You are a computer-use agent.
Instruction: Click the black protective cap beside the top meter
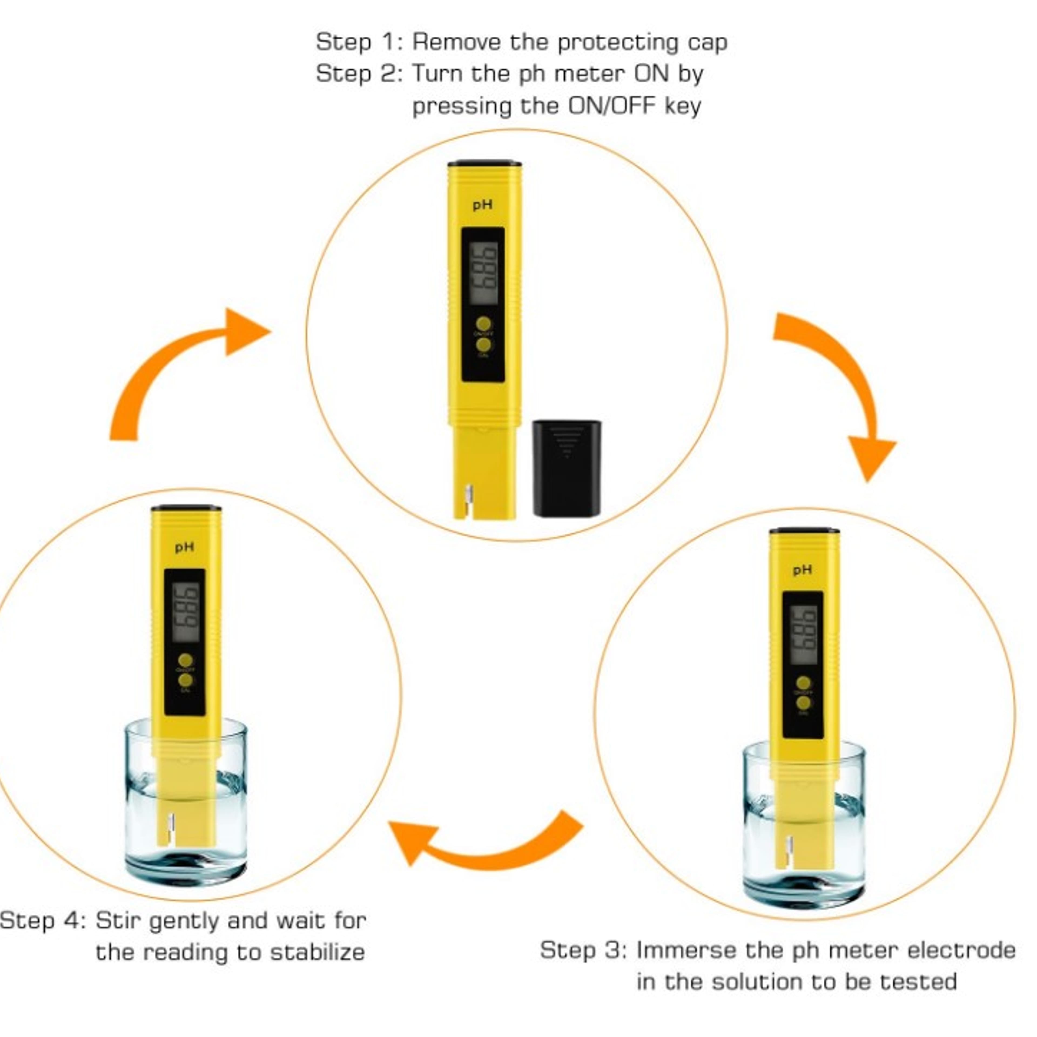[x=566, y=468]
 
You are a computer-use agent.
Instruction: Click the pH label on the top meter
[x=482, y=205]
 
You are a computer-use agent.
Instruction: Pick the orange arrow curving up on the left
[x=177, y=365]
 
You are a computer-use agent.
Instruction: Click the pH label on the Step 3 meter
[x=802, y=570]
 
